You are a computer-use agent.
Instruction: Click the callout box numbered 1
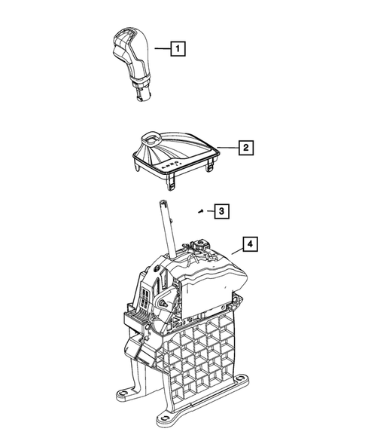tap(178, 51)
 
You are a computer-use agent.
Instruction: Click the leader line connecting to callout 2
tap(227, 147)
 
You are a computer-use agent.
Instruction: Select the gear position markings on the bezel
tap(172, 163)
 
